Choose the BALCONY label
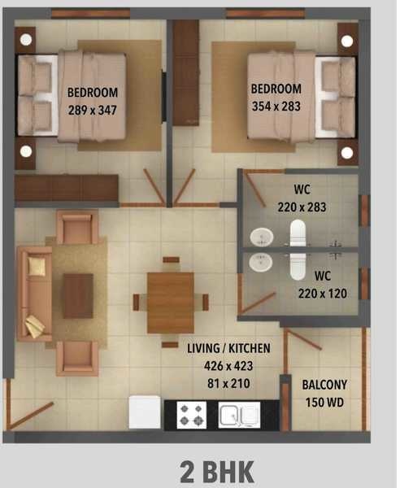pos(324,385)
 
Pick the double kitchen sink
pos(239,414)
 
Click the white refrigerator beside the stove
pos(146,412)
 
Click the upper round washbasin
pos(260,237)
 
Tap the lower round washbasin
pos(260,262)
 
